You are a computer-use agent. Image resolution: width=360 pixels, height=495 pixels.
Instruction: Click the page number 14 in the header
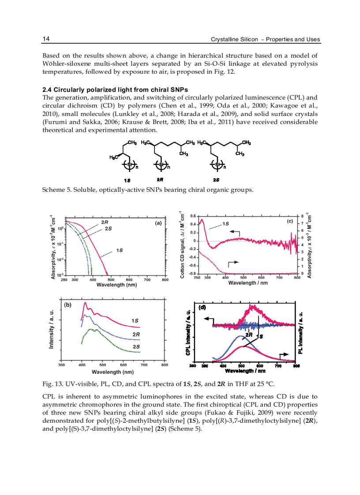click(45, 39)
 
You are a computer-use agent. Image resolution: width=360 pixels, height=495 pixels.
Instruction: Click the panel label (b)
click(68, 304)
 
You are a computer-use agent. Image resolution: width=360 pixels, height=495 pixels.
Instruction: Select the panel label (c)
click(290, 222)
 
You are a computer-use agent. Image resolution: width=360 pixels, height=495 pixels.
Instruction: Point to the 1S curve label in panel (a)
click(119, 250)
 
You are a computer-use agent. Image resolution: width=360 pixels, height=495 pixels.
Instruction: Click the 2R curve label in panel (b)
click(136, 335)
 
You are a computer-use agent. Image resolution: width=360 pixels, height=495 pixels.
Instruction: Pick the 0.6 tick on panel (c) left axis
click(192, 216)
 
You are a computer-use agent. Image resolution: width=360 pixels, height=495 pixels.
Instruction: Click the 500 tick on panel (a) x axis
click(111, 279)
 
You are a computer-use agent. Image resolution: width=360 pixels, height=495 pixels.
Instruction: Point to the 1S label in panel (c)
click(225, 223)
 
